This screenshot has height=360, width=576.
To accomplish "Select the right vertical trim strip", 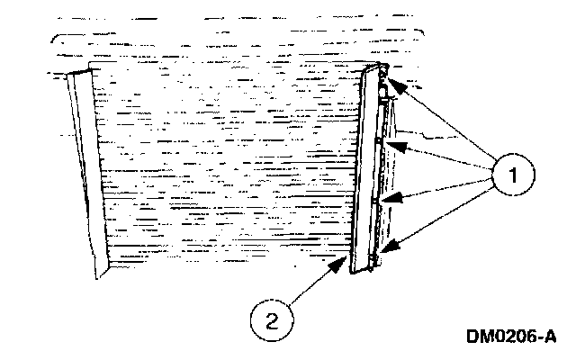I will [364, 171].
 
